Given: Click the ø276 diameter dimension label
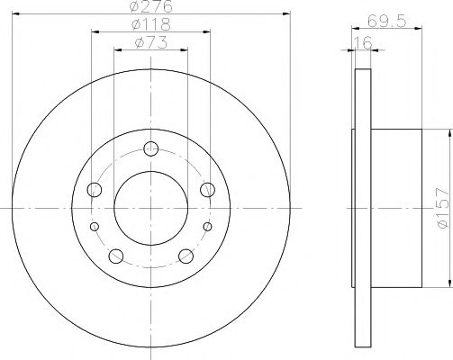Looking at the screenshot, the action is click(x=151, y=6).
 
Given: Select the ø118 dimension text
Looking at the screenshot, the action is click(x=151, y=24).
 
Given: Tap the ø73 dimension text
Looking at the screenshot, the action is click(x=151, y=42).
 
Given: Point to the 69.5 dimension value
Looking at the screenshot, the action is click(x=387, y=22).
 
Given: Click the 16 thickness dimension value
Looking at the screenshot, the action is click(x=363, y=42).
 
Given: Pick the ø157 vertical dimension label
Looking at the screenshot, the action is click(x=443, y=208).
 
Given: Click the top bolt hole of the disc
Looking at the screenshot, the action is click(x=150, y=148).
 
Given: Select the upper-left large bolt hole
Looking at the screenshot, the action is click(x=95, y=190).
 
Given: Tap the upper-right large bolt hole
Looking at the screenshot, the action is click(x=207, y=190).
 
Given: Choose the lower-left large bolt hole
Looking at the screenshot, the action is click(x=116, y=256).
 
